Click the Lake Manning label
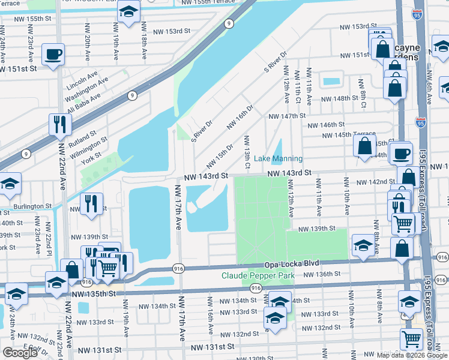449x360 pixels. pos(278,158)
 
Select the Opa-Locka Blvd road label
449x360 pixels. pos(291,264)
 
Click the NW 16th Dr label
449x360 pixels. pos(240,117)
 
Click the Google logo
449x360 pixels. pos(20,353)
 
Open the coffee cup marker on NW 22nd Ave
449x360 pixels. pos(53,55)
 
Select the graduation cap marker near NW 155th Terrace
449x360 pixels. pos(128,11)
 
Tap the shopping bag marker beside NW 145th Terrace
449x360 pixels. pos(364,146)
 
